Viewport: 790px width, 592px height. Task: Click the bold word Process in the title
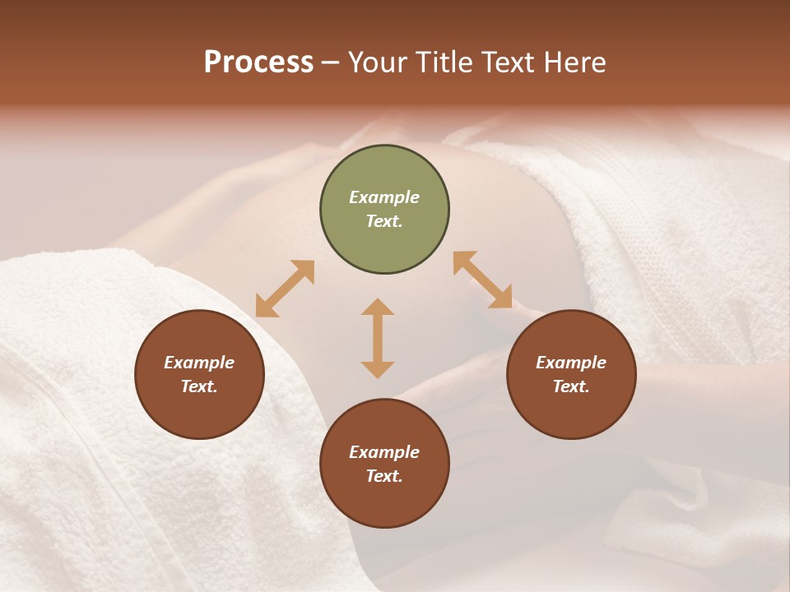[258, 62]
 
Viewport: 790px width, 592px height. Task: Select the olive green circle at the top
[384, 210]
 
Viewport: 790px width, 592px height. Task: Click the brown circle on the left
[199, 375]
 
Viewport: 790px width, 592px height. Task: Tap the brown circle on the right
[571, 375]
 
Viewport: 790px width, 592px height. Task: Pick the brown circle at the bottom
[384, 464]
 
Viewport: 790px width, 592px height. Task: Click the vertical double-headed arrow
[378, 338]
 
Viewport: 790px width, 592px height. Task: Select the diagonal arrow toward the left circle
[285, 289]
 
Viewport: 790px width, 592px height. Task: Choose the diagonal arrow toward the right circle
[483, 280]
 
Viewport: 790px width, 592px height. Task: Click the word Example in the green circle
[384, 197]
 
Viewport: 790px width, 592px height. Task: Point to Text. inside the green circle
[384, 222]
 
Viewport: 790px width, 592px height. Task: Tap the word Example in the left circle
[199, 363]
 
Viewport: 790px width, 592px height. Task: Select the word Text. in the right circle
[571, 386]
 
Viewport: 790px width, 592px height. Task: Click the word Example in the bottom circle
[384, 452]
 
